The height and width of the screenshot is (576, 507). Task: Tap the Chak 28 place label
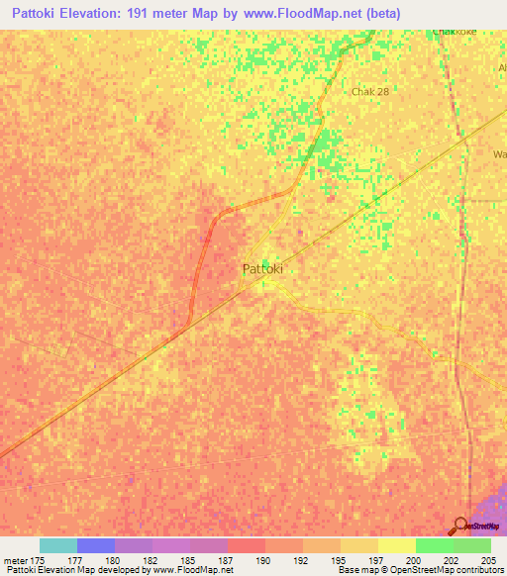[370, 91]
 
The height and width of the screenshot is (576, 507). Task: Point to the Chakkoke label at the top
[455, 32]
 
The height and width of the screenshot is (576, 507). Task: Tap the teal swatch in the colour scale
[57, 545]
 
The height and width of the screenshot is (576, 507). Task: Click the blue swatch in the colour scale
[95, 545]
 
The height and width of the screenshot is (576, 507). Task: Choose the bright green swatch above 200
[434, 545]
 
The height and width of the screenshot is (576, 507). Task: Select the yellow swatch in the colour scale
[396, 545]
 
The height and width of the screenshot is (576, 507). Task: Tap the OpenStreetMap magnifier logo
[460, 526]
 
